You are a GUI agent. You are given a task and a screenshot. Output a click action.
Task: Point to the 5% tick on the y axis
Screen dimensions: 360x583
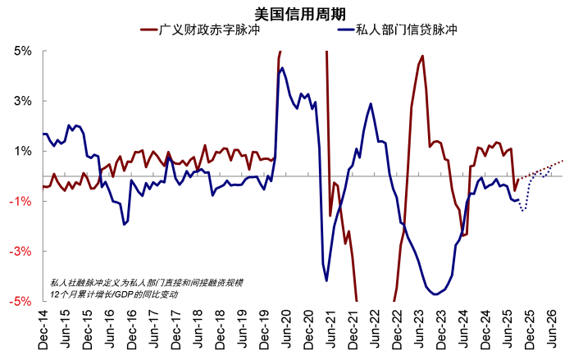23,51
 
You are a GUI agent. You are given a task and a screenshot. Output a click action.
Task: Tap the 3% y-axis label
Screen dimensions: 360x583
23,101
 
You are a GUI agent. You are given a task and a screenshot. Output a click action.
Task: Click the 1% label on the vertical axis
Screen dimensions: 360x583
23,151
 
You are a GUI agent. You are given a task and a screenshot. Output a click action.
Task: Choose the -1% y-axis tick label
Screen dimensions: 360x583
21,202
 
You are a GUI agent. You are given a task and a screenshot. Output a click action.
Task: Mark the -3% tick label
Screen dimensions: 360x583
21,252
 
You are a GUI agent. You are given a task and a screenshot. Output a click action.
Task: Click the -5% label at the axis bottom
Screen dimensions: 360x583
21,302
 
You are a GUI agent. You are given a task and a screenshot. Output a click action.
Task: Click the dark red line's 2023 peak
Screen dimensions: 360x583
422,57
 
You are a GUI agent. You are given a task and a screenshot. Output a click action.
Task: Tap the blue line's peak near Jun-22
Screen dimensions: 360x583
371,104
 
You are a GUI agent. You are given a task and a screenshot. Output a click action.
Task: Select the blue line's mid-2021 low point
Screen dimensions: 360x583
326,280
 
